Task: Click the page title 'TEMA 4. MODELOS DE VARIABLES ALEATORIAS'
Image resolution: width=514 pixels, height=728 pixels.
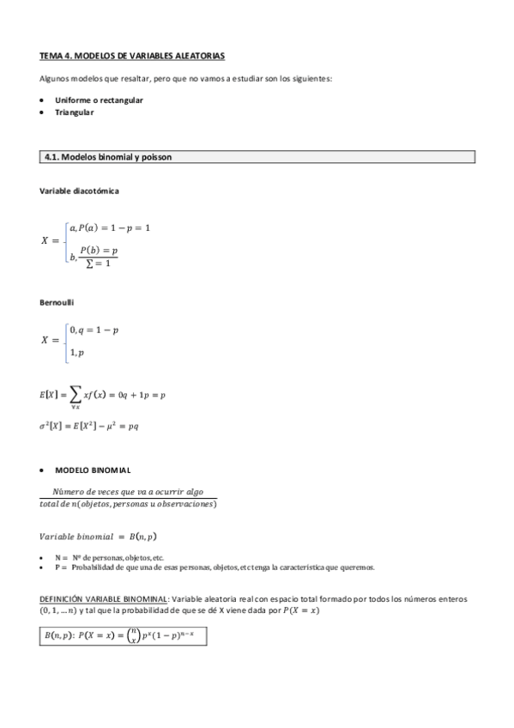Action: [x=132, y=56]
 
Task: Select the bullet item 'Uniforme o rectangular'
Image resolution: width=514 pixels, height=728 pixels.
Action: [x=99, y=100]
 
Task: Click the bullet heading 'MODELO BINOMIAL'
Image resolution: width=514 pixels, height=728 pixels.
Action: [x=93, y=470]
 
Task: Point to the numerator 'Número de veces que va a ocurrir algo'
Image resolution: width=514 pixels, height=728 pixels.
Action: [x=128, y=491]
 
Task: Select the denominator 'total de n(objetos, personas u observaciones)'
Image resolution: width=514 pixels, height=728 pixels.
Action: [x=128, y=504]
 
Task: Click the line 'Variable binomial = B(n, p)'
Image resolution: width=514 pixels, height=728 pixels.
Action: [x=98, y=537]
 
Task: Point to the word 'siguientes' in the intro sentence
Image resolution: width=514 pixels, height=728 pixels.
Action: [x=310, y=79]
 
